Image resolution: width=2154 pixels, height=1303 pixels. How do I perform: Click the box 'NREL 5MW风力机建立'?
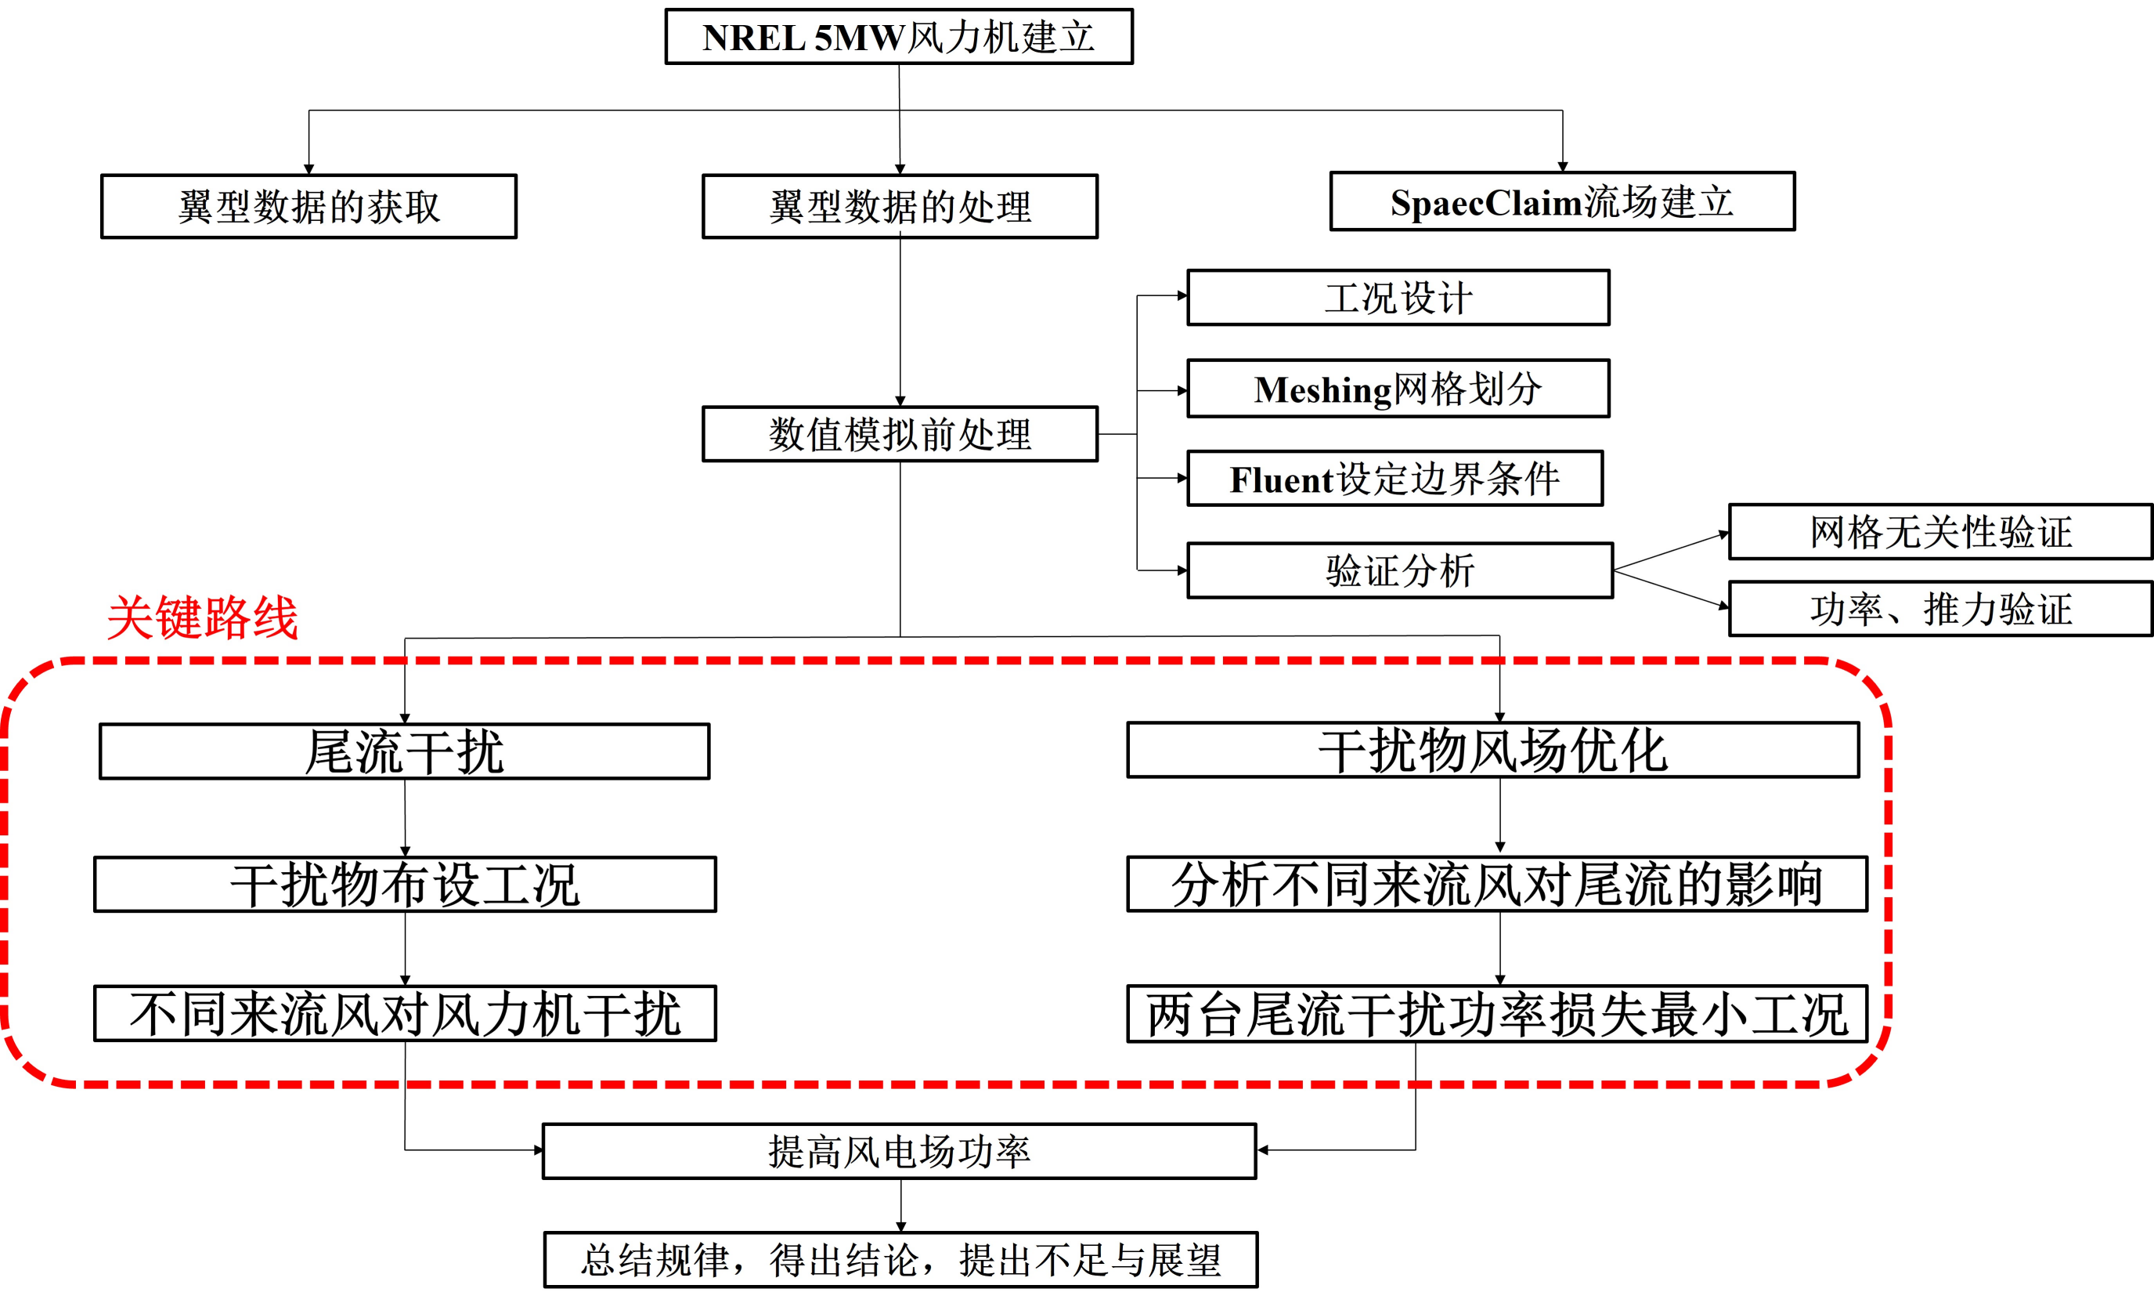tap(899, 37)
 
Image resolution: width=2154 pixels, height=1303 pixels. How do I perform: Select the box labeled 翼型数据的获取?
tap(308, 206)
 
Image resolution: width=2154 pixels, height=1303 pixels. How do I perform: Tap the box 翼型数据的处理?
tap(900, 206)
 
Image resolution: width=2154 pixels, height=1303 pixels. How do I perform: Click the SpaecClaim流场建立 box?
tap(1561, 202)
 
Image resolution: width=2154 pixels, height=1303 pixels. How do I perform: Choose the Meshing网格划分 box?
tap(1397, 389)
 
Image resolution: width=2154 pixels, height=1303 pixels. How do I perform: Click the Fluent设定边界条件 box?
tap(1395, 480)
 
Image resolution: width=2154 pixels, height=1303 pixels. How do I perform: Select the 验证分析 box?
tap(1399, 571)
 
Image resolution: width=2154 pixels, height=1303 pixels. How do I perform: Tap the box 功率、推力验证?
tap(1939, 609)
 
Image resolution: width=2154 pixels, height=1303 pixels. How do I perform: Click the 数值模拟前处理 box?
tap(900, 434)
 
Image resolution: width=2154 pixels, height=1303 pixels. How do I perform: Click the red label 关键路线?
tap(203, 618)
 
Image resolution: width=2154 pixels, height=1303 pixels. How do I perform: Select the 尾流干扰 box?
tap(404, 751)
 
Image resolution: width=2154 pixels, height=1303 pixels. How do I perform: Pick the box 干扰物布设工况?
tap(405, 884)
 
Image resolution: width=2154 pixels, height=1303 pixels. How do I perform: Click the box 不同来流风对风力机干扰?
tap(405, 1014)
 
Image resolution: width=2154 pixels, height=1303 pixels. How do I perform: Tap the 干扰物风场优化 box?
tap(1492, 751)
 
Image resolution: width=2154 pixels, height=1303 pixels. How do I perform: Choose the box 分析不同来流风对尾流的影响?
tap(1496, 884)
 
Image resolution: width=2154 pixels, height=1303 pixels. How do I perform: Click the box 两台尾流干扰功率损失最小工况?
tap(1496, 1015)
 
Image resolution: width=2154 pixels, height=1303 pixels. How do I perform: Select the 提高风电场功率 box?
tap(899, 1152)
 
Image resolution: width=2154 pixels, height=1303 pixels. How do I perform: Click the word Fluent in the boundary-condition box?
tap(1283, 480)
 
